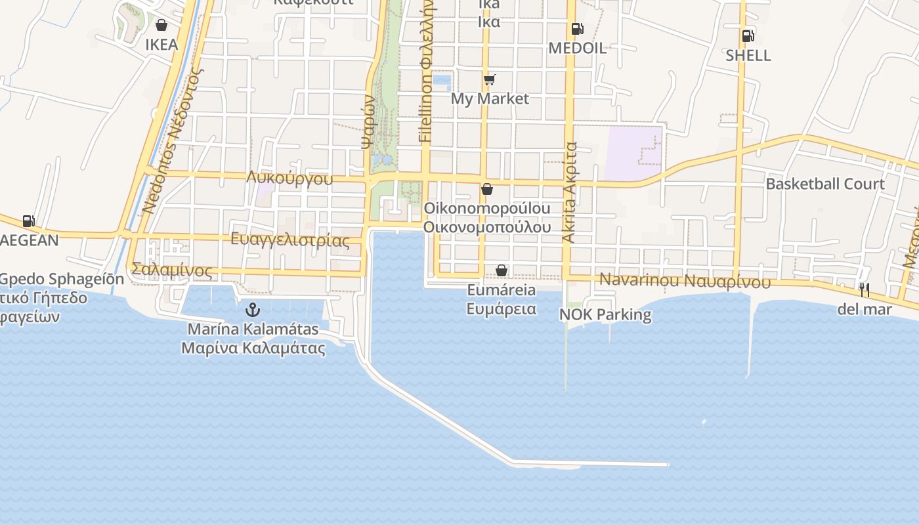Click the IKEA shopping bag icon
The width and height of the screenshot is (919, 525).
tap(161, 26)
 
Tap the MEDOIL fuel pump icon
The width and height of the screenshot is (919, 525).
tap(577, 29)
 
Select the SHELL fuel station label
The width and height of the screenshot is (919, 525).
tap(748, 55)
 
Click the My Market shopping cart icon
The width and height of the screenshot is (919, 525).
tap(489, 80)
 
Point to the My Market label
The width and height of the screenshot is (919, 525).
tap(490, 98)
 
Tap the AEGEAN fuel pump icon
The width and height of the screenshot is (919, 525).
tap(28, 221)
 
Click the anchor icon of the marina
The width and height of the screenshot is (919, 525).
tap(253, 310)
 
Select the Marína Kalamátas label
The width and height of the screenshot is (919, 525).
tap(253, 329)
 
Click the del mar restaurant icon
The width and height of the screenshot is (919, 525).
tap(865, 289)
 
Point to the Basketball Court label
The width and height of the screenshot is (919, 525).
tap(825, 184)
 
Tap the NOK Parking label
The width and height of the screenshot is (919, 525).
tap(605, 315)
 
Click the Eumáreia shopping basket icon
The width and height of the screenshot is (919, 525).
tap(502, 270)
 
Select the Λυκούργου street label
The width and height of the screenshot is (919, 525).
tap(290, 178)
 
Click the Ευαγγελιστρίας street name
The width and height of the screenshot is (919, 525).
tap(290, 240)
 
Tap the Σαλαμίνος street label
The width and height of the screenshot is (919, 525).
tap(172, 270)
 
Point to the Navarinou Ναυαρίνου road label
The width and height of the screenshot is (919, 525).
tap(685, 281)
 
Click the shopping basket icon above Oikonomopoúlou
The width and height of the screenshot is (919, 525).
tap(487, 190)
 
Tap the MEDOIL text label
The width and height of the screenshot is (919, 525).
tap(577, 48)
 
